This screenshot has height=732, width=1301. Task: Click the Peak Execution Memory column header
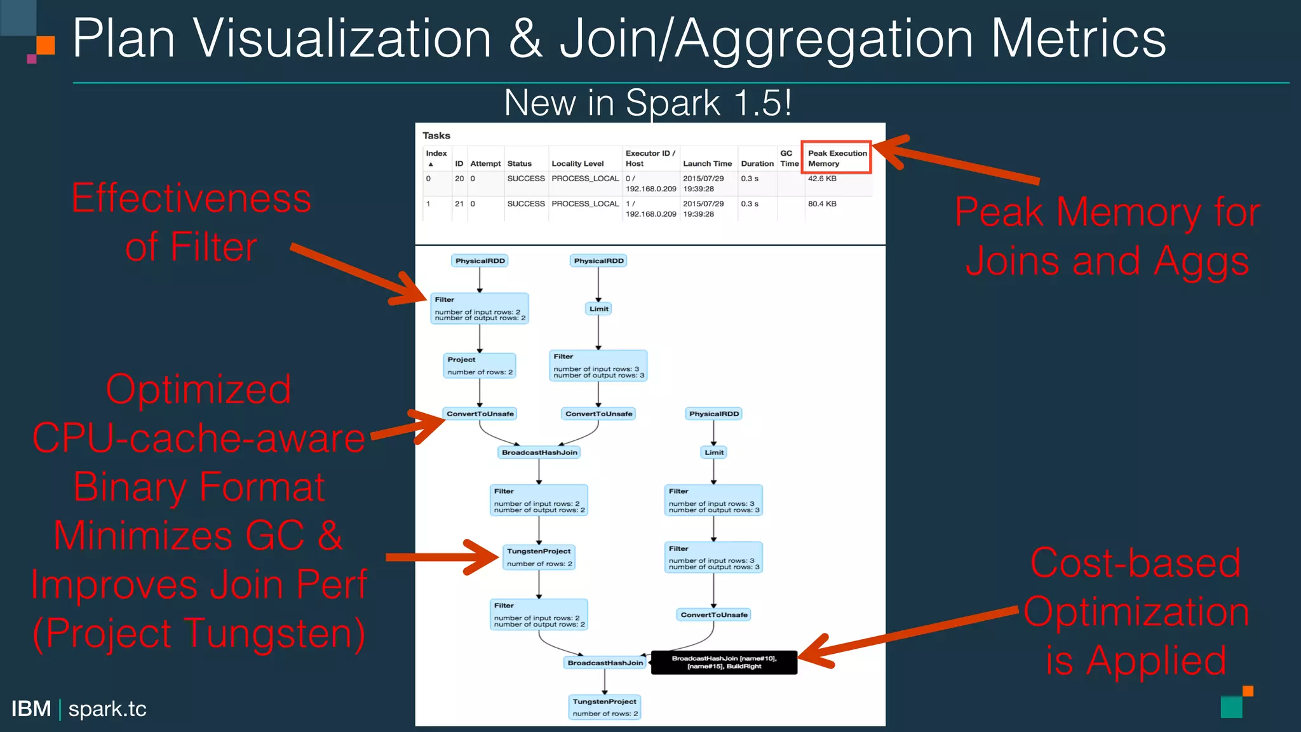837,158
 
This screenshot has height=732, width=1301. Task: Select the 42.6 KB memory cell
822,179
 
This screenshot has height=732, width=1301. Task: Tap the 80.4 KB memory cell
822,204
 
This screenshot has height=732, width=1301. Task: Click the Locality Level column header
577,163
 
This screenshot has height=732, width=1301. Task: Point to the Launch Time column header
707,163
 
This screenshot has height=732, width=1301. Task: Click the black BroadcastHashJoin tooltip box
724,662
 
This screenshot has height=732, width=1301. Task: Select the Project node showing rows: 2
480,365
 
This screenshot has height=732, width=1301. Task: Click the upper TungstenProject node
539,557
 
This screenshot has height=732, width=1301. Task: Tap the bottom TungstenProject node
605,707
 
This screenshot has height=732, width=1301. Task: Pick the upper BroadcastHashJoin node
539,452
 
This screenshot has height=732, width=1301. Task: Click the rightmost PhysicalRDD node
714,414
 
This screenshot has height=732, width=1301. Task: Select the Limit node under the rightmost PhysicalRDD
714,452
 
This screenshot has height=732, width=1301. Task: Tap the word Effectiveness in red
191,198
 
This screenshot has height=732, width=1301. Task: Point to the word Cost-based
1135,563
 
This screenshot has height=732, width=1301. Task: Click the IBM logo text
31,708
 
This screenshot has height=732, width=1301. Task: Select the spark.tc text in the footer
107,708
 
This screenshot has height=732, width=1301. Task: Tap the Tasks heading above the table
436,135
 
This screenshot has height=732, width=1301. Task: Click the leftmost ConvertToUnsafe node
480,414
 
